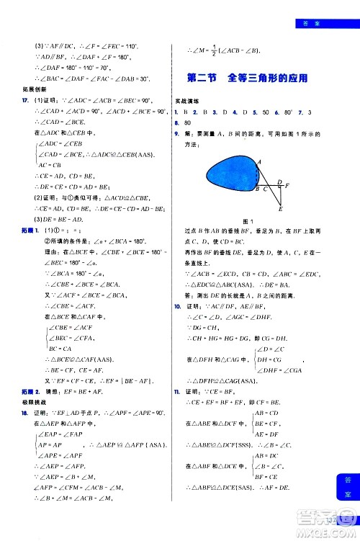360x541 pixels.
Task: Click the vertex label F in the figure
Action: [x=286, y=185]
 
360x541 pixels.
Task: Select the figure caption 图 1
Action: [x=250, y=219]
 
